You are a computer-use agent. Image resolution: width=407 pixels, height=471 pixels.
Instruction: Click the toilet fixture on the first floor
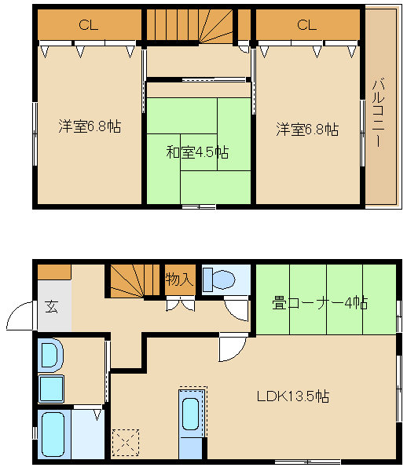tap(219, 279)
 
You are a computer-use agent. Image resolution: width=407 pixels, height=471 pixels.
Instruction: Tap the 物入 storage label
tap(179, 279)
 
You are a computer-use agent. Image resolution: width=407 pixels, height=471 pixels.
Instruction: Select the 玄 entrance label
tap(52, 307)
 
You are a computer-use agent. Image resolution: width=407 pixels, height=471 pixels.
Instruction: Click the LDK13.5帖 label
tap(293, 396)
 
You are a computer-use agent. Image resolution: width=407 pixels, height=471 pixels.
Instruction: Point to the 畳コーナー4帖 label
tap(320, 302)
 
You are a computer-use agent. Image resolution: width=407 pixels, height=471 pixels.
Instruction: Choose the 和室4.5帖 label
tap(197, 152)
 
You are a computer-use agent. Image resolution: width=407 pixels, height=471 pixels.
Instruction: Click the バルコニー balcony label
tap(378, 112)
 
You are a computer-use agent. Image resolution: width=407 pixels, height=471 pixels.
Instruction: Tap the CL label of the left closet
tap(88, 25)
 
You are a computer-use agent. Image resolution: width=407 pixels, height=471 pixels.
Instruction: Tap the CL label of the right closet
tap(306, 25)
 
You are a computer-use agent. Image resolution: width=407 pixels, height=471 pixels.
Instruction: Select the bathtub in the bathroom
tap(53, 434)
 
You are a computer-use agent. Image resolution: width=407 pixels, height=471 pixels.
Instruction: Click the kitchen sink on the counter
tap(191, 414)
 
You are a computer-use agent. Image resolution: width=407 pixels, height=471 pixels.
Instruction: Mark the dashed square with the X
tap(126, 442)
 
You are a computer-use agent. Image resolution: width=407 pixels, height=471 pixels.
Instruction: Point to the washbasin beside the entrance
tap(50, 355)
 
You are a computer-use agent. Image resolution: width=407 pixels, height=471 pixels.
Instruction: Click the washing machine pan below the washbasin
tap(51, 389)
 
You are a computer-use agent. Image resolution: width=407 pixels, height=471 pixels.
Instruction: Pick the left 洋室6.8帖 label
tap(90, 126)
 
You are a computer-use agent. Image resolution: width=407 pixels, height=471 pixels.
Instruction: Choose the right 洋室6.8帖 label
tap(307, 130)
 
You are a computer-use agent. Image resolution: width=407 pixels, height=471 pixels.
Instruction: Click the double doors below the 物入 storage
tap(181, 303)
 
